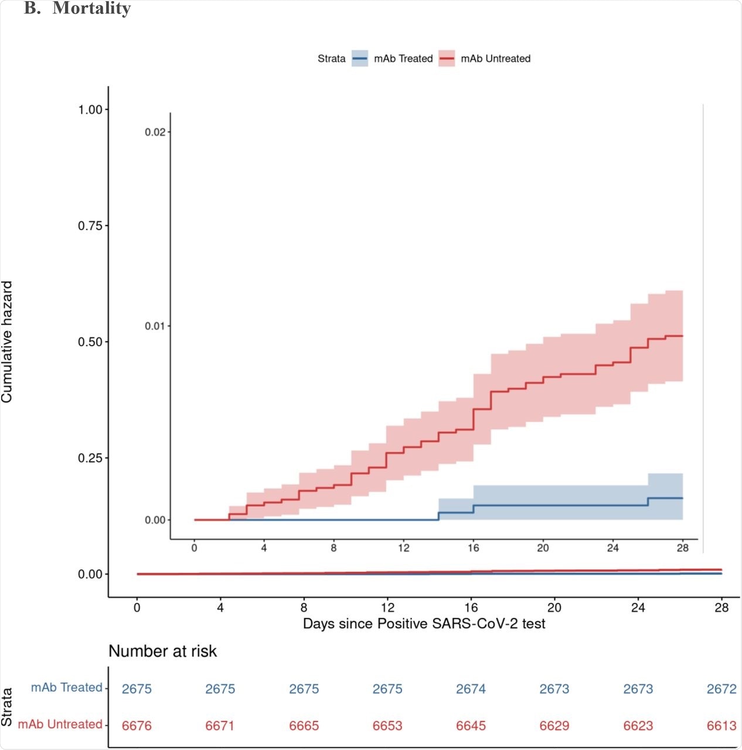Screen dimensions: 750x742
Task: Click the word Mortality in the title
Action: click(91, 9)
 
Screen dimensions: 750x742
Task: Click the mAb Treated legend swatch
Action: click(360, 59)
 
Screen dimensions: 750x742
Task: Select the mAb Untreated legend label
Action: click(495, 59)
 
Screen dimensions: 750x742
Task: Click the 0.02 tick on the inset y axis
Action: click(155, 132)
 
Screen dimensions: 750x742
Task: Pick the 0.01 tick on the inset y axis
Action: click(155, 326)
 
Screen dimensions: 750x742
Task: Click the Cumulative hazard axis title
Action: click(7, 342)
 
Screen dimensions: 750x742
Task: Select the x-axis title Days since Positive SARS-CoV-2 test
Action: click(424, 623)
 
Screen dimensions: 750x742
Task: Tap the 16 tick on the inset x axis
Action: click(473, 548)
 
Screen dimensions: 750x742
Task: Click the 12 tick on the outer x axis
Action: click(387, 608)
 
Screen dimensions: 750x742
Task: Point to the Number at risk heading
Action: click(162, 651)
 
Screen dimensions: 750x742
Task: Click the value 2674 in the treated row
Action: click(471, 689)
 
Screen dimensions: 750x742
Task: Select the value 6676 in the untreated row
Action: click(137, 726)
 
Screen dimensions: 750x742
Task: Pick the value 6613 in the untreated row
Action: click(721, 726)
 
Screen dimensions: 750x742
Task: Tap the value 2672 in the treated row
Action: click(721, 689)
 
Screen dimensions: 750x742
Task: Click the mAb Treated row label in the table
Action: click(66, 687)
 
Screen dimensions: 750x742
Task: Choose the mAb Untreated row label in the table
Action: click(60, 724)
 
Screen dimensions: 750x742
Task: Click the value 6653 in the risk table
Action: click(387, 726)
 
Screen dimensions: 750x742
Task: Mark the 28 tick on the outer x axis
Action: click(721, 608)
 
